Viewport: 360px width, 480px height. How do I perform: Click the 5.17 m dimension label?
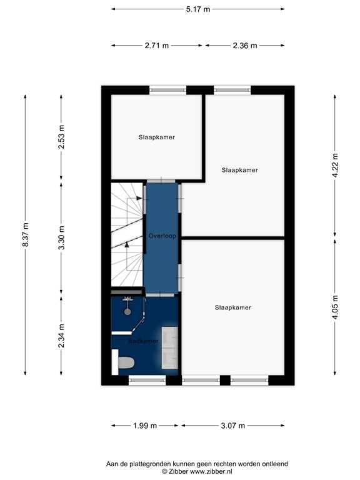click(x=197, y=9)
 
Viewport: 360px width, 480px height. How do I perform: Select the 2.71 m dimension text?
click(x=157, y=46)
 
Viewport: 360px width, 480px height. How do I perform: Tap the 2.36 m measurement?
click(x=244, y=46)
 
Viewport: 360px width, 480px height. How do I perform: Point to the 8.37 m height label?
click(x=26, y=234)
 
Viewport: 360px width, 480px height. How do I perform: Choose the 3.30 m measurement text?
click(x=61, y=237)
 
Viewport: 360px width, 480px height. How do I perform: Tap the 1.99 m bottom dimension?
click(x=144, y=426)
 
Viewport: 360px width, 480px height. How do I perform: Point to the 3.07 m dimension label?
click(x=232, y=426)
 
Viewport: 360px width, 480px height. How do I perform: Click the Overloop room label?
click(x=162, y=236)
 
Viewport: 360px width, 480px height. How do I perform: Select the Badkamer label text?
click(x=143, y=342)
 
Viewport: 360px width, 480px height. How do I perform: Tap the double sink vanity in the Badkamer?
click(x=169, y=347)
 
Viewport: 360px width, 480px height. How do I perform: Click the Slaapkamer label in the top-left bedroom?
click(x=156, y=137)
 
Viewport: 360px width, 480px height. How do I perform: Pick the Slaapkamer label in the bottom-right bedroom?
click(x=232, y=307)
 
